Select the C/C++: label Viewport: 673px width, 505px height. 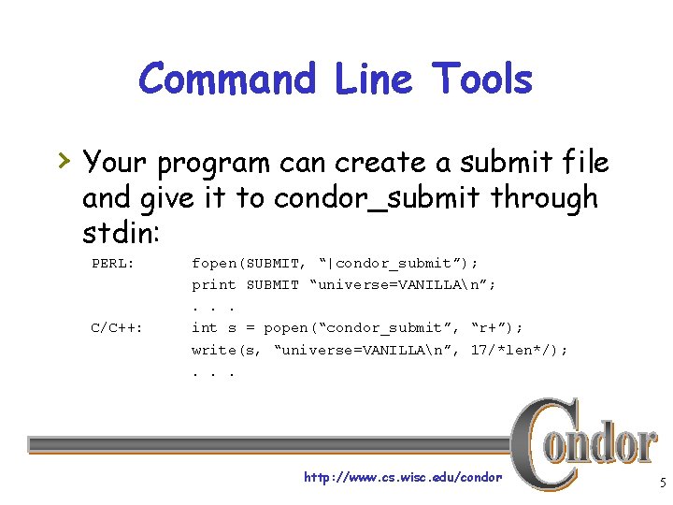116,327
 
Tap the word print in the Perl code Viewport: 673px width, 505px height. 214,284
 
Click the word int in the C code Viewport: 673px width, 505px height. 205,327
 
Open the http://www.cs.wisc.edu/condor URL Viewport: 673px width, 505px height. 403,478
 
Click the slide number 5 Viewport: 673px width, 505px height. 661,483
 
